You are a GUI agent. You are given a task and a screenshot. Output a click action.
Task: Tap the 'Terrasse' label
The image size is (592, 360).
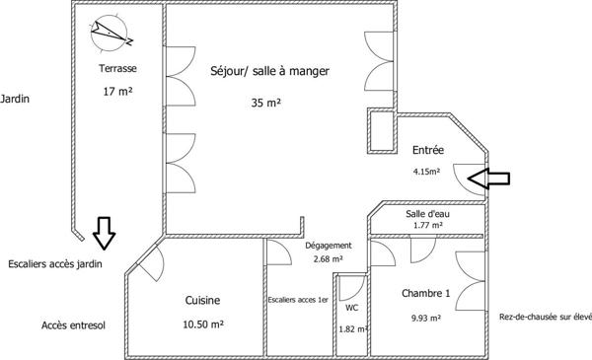point(117,69)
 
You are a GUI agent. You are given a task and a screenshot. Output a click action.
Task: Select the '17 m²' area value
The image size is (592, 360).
point(117,92)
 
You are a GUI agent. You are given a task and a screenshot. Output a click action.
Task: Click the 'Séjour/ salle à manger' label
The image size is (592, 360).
point(269,71)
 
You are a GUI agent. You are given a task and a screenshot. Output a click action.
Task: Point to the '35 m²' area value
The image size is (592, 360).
point(267,101)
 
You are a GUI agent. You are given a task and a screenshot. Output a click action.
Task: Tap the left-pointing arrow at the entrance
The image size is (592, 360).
point(490,178)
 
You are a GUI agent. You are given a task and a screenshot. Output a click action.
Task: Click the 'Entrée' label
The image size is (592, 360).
point(427,150)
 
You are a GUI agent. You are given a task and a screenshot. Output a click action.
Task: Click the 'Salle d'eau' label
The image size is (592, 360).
point(427,213)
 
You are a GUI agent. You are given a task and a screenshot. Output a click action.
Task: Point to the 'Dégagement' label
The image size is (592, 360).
point(327,246)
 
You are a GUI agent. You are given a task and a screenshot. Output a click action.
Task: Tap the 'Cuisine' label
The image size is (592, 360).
point(203,300)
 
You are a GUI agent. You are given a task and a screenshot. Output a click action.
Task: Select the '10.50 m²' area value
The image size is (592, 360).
point(202,324)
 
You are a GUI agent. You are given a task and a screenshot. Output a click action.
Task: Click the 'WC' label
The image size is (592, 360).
point(351,307)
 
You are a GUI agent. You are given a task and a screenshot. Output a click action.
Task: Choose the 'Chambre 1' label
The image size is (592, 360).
point(425,294)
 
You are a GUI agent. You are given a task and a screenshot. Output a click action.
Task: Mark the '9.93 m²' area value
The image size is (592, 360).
point(425,318)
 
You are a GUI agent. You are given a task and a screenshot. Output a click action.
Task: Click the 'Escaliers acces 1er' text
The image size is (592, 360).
point(298,300)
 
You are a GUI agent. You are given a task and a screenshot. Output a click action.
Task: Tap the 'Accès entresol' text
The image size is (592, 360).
point(73,324)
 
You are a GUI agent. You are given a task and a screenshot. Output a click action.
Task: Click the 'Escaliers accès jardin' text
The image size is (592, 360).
point(54,263)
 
